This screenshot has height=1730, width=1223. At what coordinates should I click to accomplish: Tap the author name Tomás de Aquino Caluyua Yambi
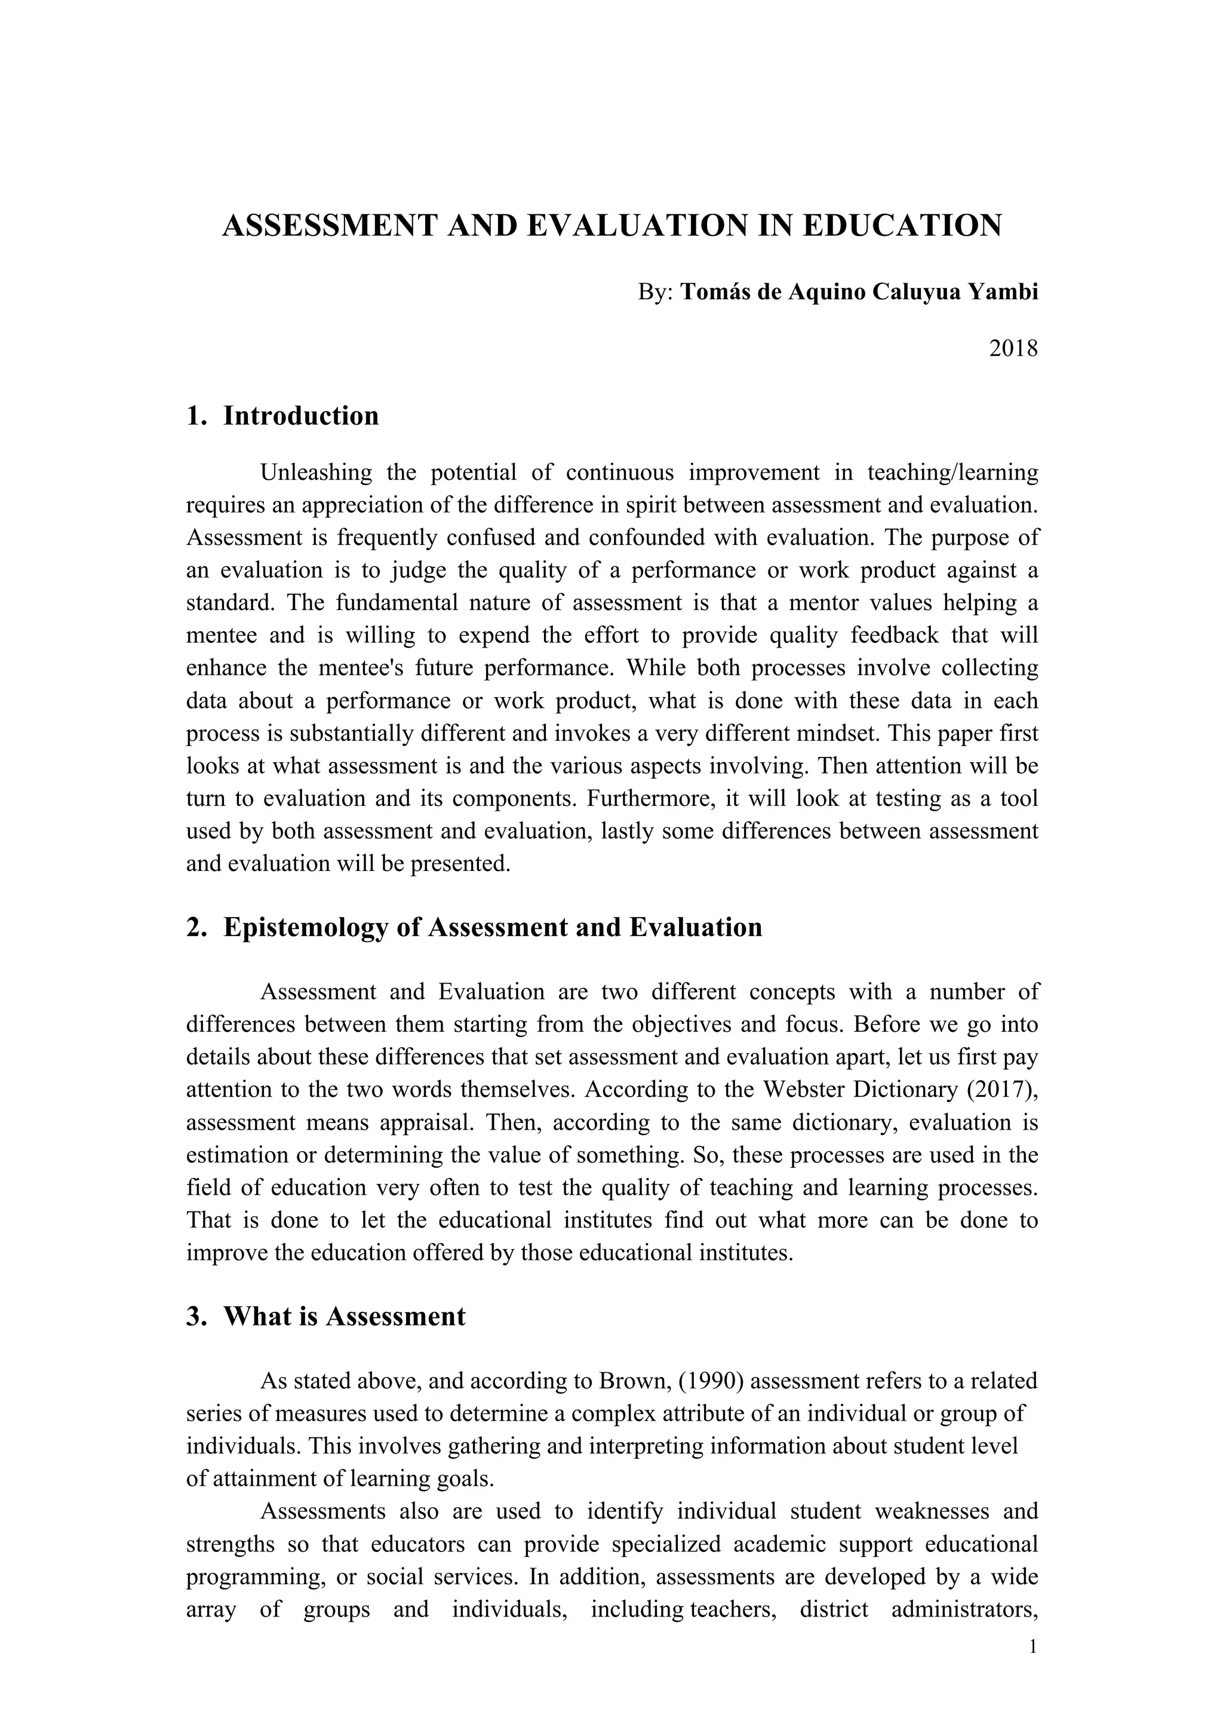point(859,292)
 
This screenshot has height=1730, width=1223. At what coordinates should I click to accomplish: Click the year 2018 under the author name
point(1013,349)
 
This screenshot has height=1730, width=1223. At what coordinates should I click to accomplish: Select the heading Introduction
point(300,416)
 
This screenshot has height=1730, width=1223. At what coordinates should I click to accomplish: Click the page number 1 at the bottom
point(1033,1647)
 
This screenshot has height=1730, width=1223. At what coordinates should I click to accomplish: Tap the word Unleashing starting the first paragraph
point(316,473)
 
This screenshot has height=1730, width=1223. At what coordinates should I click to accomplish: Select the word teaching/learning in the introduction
point(952,473)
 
